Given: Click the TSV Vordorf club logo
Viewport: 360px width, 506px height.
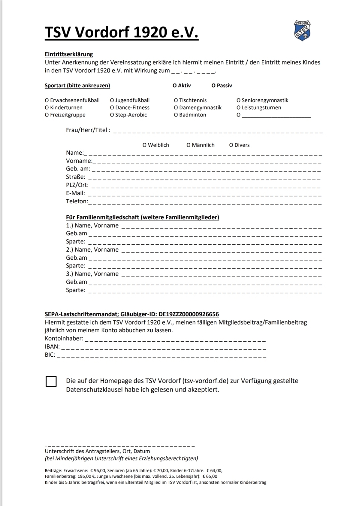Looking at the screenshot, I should pos(302,31).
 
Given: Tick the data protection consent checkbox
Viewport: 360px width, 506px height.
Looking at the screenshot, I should pos(51,382).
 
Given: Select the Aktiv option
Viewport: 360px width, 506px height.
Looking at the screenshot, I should pos(174,86).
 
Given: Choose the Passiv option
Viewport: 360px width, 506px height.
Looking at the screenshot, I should pos(213,86).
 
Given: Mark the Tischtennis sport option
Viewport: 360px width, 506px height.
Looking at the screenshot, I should pos(176,100).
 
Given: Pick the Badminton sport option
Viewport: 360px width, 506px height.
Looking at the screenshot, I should pos(176,115).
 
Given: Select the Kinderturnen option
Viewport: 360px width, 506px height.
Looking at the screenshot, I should pos(47,108).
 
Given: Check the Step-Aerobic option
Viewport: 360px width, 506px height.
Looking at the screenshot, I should pos(112,115).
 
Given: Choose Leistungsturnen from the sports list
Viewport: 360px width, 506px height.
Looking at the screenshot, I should pos(239,108).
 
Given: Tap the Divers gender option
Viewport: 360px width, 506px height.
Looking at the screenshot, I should pos(231,145).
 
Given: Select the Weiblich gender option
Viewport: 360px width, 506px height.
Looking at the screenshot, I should pos(145,145).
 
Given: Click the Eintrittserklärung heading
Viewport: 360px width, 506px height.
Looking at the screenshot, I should pos(69,54).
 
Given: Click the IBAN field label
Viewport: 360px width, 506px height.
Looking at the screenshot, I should pos(52,347).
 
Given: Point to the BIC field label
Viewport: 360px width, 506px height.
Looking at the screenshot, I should pos(50,355).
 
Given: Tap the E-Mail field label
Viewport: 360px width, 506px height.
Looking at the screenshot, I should pos(75,193).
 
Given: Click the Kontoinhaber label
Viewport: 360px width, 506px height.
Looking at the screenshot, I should pos(64,339).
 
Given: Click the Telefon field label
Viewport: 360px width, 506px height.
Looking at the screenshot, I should pos(77,201).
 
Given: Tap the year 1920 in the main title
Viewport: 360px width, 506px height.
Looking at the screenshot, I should pos(150,33).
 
